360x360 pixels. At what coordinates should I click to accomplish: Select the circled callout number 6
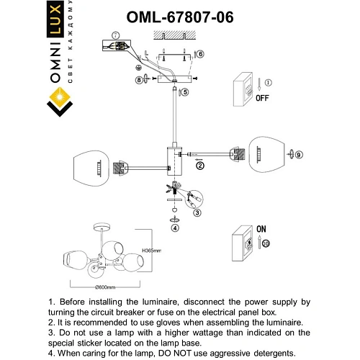[201, 55]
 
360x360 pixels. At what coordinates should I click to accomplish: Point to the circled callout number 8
[139, 80]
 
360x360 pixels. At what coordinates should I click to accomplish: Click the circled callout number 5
[185, 92]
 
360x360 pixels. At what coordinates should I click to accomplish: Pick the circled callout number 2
[200, 166]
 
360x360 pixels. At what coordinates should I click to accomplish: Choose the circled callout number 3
[197, 213]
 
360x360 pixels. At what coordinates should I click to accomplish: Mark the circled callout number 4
[174, 228]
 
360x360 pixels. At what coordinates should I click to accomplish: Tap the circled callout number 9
[300, 155]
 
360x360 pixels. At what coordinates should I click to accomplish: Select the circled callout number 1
[269, 84]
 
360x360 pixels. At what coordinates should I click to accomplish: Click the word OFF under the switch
[263, 101]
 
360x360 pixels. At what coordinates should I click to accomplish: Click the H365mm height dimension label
[150, 251]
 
